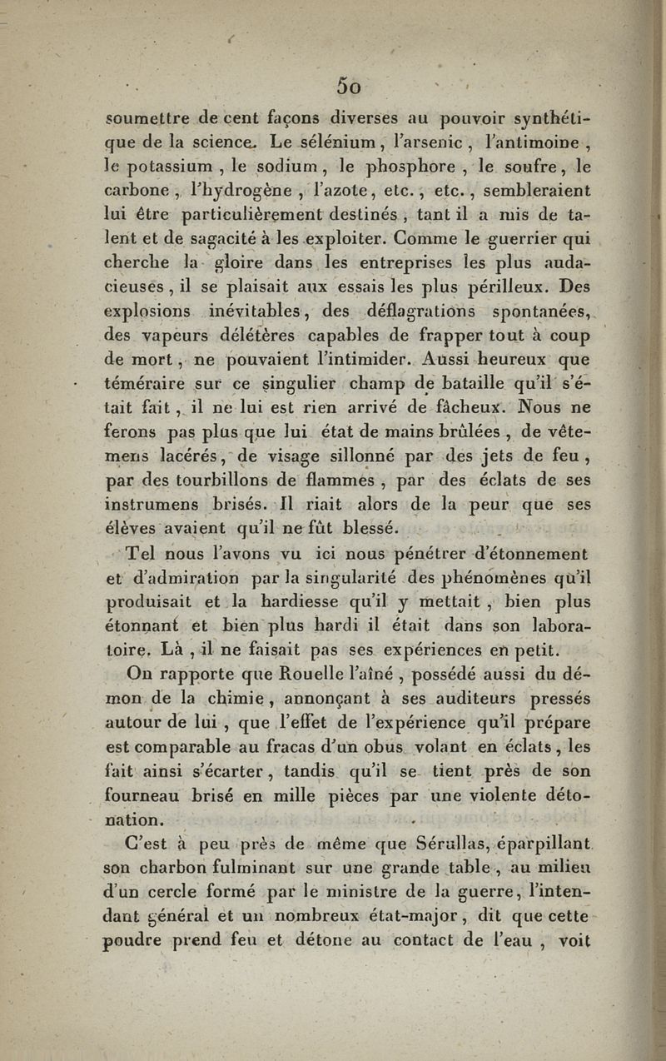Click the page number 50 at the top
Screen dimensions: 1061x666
click(x=348, y=85)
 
